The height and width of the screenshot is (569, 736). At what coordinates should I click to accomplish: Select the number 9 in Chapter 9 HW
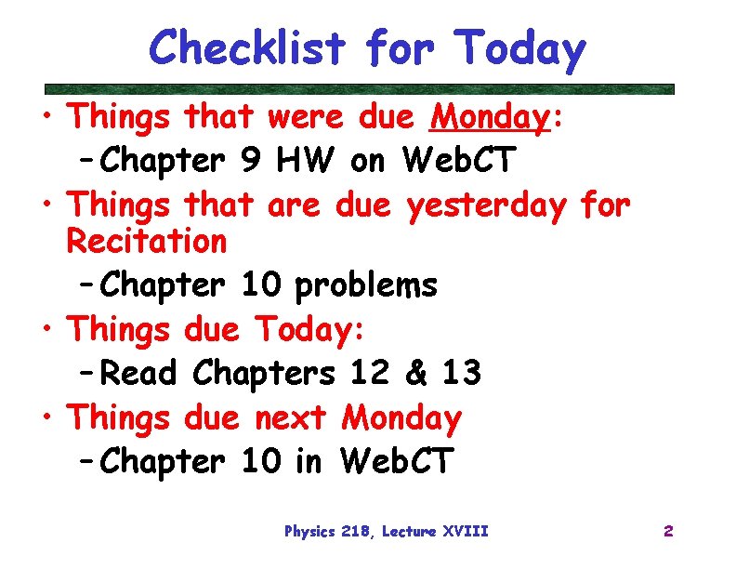pyautogui.click(x=249, y=161)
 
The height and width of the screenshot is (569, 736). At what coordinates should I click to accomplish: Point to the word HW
pyautogui.click(x=304, y=161)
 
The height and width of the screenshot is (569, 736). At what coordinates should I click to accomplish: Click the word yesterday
pyautogui.click(x=485, y=204)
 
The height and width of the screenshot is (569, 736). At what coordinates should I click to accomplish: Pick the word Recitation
pyautogui.click(x=147, y=242)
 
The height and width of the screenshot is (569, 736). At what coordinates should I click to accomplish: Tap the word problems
pyautogui.click(x=365, y=285)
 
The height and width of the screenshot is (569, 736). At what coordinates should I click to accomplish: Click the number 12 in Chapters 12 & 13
pyautogui.click(x=370, y=373)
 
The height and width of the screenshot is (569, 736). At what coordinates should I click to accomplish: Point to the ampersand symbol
pyautogui.click(x=415, y=373)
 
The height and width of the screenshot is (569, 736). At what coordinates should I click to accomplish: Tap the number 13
pyautogui.click(x=461, y=373)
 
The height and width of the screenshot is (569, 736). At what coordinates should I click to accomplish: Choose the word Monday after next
pyautogui.click(x=401, y=418)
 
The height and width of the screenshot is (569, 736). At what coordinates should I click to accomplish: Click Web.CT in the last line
pyautogui.click(x=397, y=460)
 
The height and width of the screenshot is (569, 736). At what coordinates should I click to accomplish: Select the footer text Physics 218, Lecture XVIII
pyautogui.click(x=386, y=532)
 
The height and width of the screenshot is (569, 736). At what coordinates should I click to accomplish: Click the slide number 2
pyautogui.click(x=668, y=532)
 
